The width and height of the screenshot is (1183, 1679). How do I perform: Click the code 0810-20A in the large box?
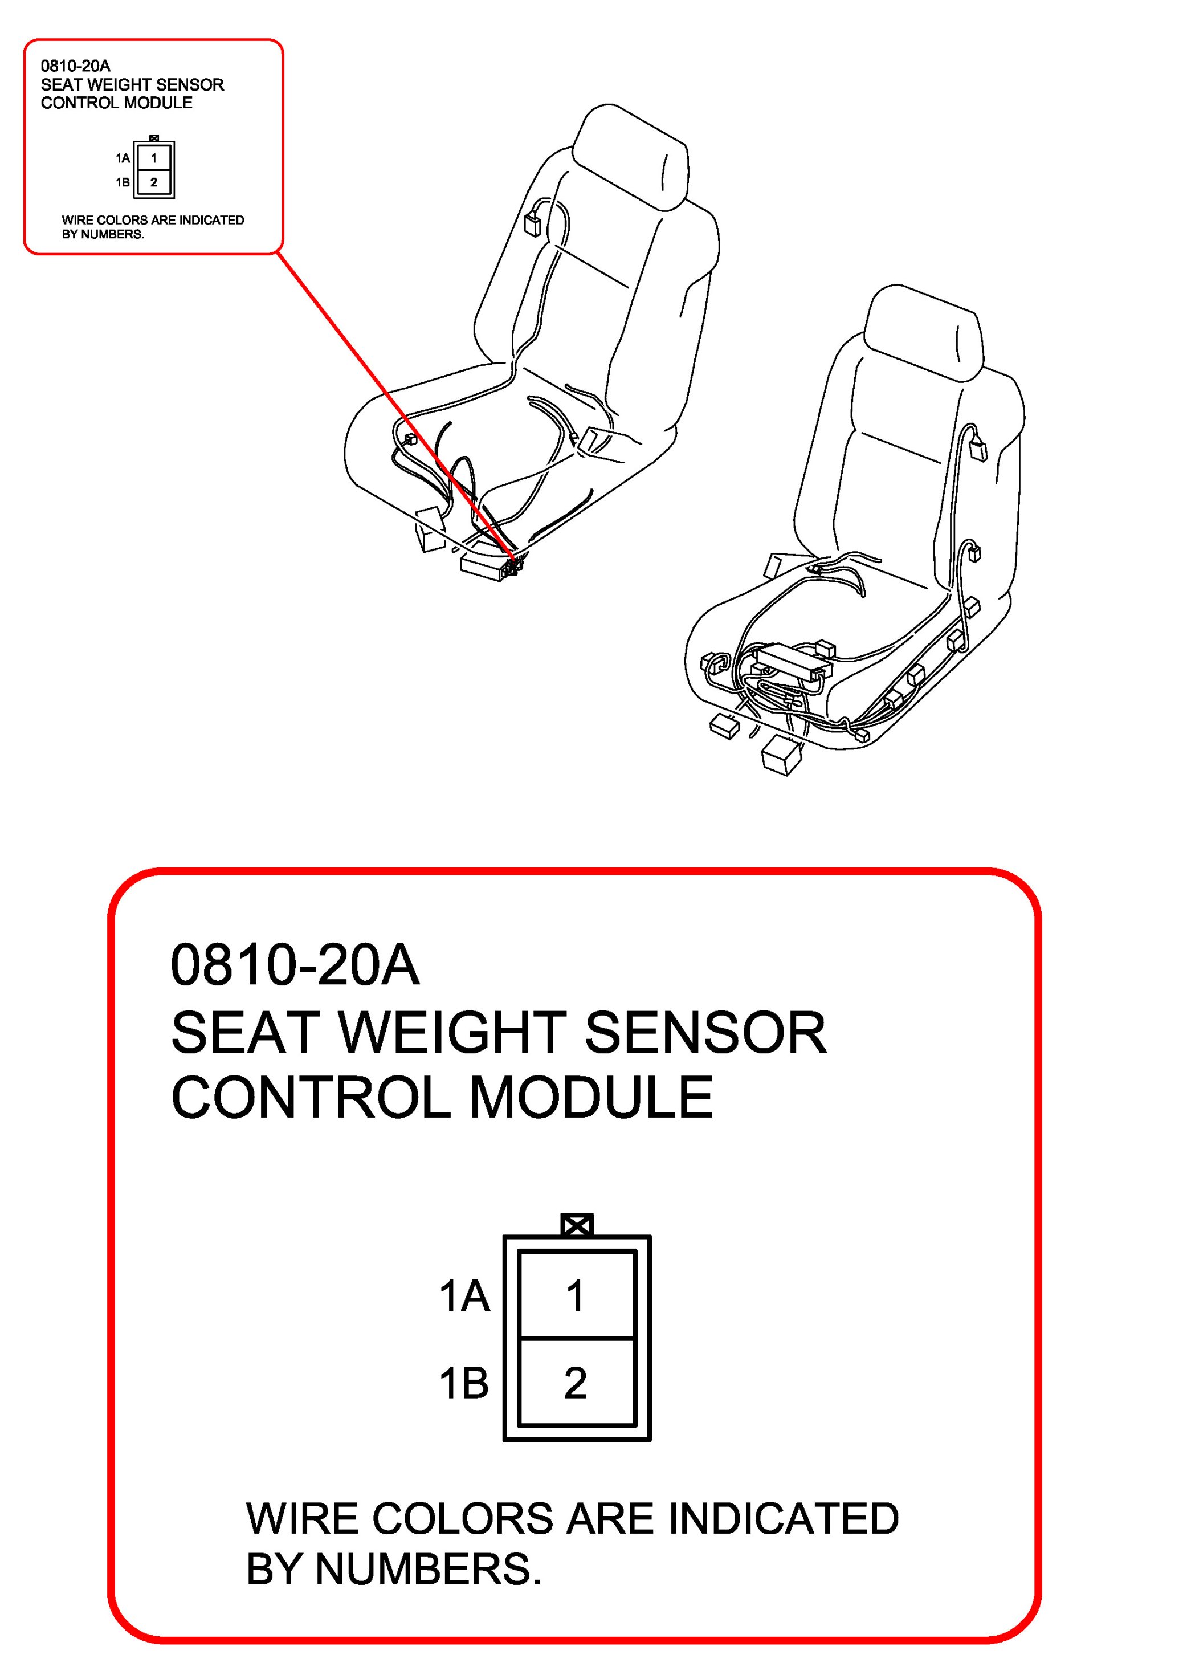pos(295,965)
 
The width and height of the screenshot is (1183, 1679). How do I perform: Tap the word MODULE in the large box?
pos(591,1098)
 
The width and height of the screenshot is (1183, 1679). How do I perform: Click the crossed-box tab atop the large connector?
pos(577,1225)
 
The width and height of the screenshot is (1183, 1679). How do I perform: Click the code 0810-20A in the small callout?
pos(75,66)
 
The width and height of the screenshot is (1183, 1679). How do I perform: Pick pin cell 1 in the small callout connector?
pos(153,158)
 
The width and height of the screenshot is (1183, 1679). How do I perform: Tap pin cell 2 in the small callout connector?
pos(153,182)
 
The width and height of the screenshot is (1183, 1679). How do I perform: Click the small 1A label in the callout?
pos(123,158)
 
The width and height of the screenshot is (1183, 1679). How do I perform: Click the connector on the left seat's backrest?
pos(532,223)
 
